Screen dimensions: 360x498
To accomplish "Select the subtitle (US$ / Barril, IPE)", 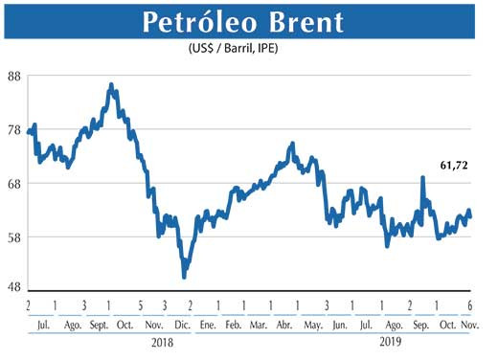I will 248,49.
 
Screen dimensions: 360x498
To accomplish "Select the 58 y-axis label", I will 14,236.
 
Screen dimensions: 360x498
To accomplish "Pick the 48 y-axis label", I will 14,287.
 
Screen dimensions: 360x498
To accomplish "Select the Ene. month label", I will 207,325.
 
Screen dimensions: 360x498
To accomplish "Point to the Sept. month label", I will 98,325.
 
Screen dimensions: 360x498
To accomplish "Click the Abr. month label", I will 285,325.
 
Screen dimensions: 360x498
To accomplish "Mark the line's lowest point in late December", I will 184,277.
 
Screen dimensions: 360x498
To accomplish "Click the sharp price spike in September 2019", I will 422,178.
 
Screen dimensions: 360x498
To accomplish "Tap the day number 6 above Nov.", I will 469,305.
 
